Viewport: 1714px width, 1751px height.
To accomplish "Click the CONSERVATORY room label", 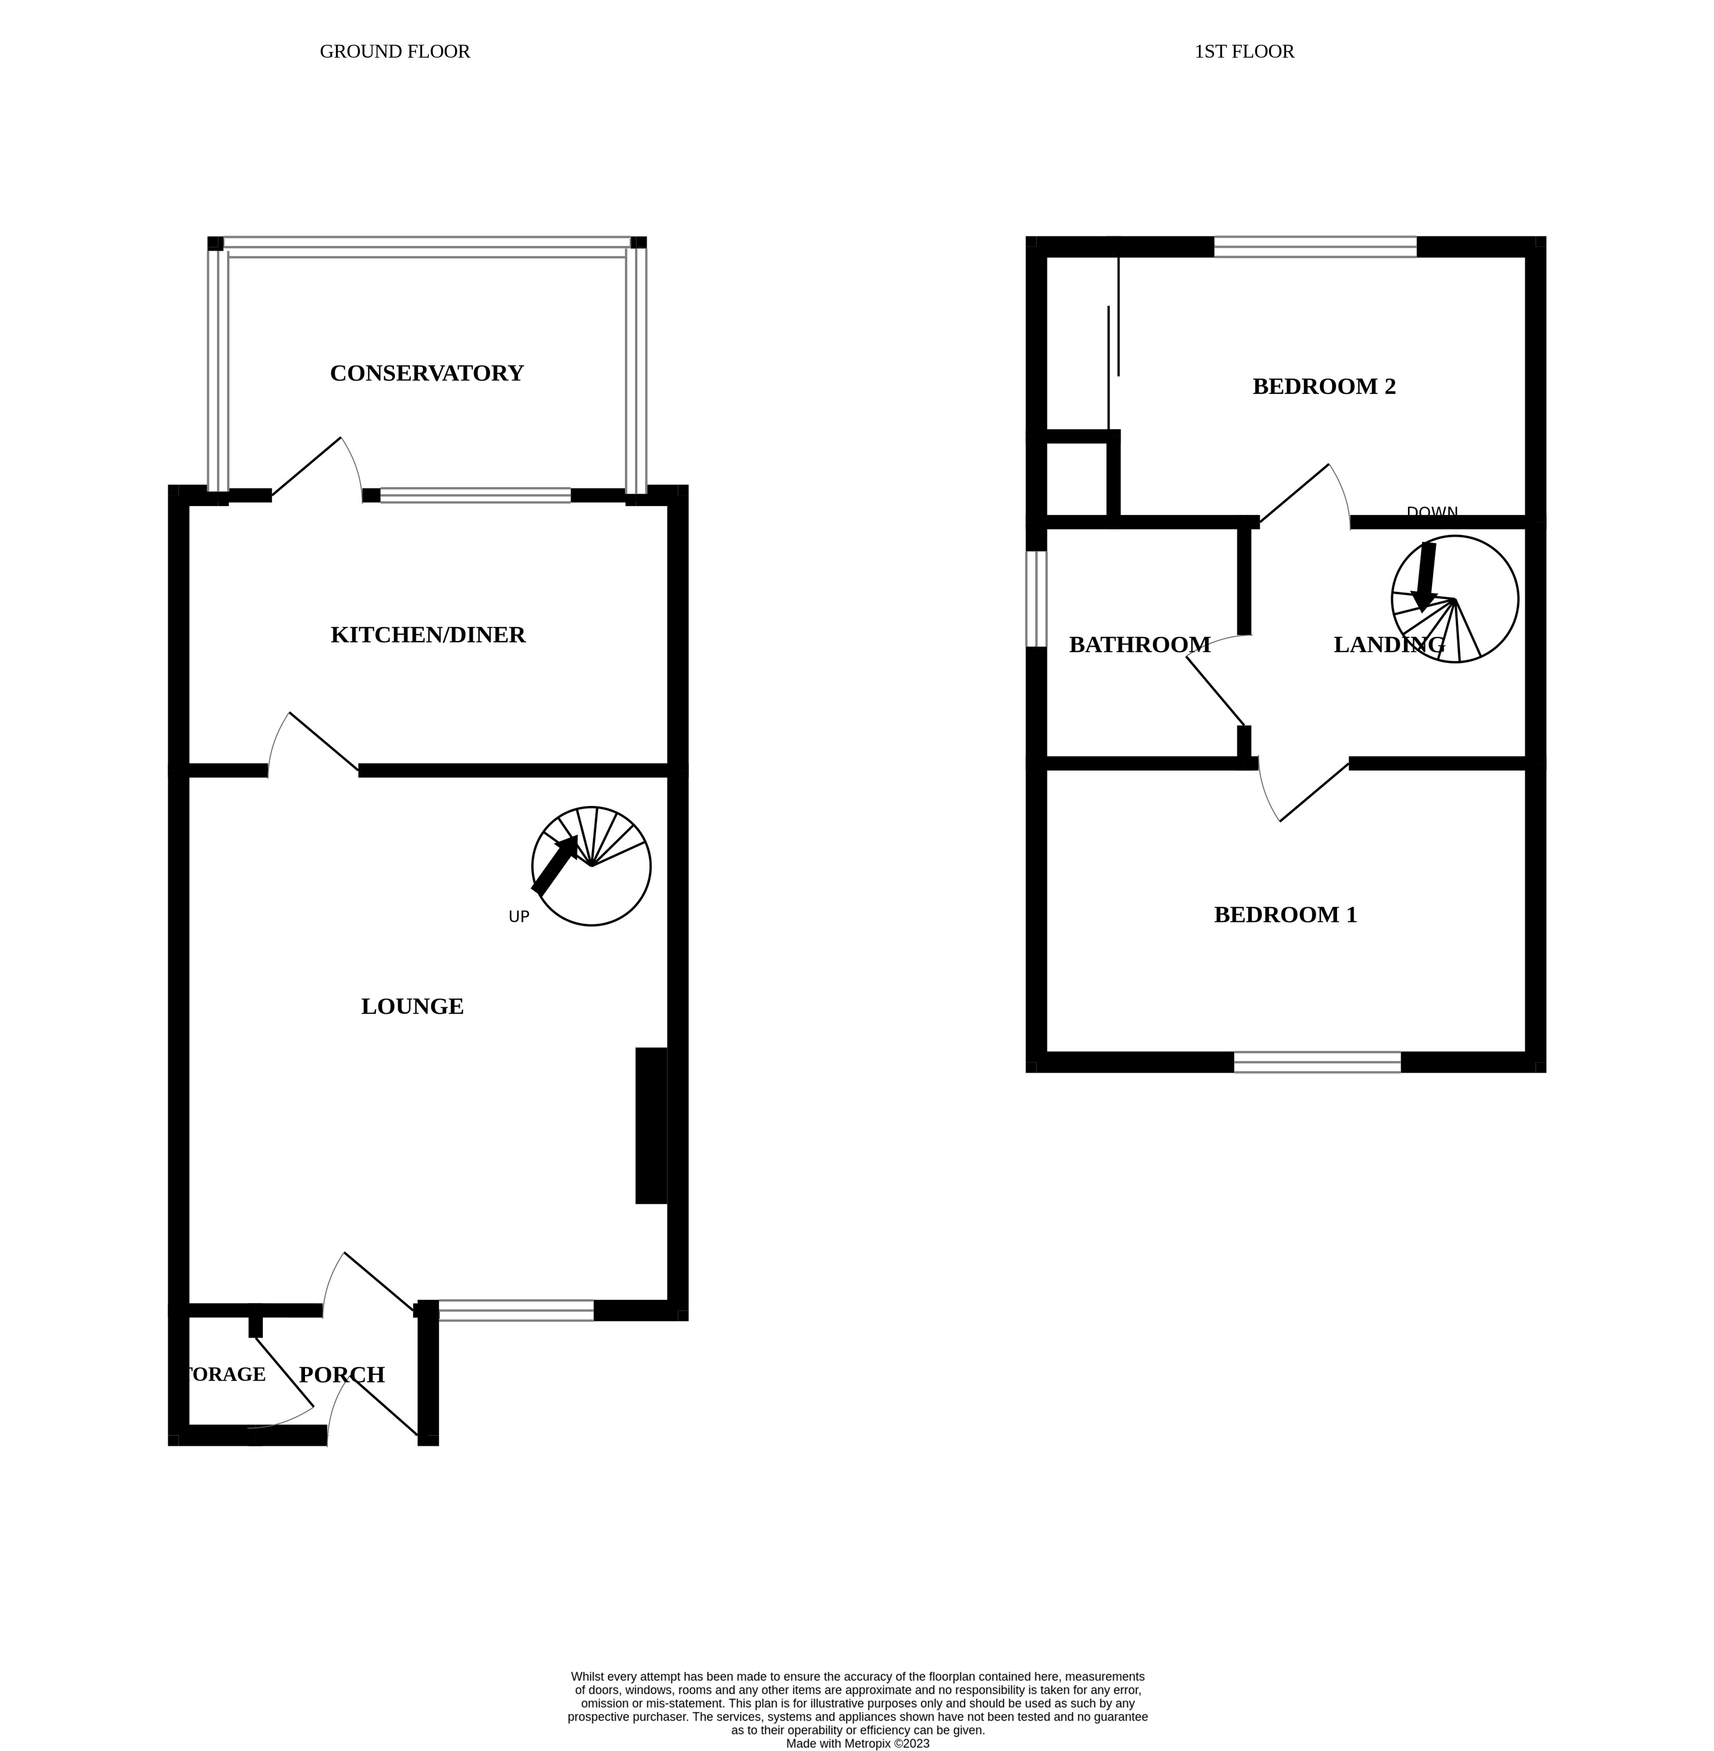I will pos(427,373).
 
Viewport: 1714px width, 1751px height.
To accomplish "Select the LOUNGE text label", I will pos(412,1007).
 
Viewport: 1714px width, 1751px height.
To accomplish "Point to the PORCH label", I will pos(342,1374).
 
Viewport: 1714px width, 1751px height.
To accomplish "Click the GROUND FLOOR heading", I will pos(394,51).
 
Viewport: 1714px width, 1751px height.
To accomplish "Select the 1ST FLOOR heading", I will pos(1244,51).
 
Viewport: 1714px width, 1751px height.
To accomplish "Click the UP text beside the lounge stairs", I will pos(518,917).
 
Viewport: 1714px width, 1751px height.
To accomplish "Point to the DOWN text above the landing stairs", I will pos(1431,513).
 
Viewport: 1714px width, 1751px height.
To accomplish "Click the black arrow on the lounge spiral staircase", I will pos(555,864).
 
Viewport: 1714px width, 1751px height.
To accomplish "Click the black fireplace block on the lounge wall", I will pos(651,1125).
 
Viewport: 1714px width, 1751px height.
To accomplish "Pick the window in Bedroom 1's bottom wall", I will pos(1317,1062).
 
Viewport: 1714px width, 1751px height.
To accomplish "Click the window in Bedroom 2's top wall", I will pos(1315,247).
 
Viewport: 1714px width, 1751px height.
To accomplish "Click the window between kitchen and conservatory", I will pos(475,495).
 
